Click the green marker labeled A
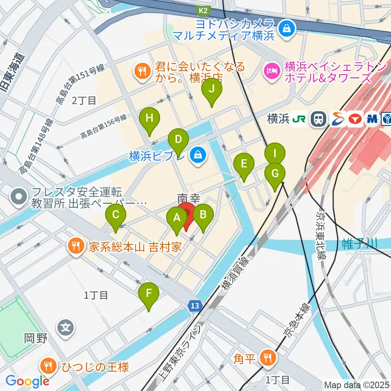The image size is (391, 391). pyautogui.click(x=177, y=217)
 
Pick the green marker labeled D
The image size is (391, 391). pyautogui.click(x=178, y=140)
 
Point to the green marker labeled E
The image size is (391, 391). pyautogui.click(x=244, y=164)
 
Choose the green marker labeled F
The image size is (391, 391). pyautogui.click(x=149, y=293)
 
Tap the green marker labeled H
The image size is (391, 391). pyautogui.click(x=149, y=119)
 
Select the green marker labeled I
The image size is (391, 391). pyautogui.click(x=275, y=154)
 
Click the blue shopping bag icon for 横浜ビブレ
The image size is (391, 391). pyautogui.click(x=198, y=155)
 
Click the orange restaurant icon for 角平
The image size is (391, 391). pyautogui.click(x=268, y=358)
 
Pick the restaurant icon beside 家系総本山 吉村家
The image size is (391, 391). pyautogui.click(x=76, y=246)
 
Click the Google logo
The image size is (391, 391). pyautogui.click(x=27, y=381)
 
